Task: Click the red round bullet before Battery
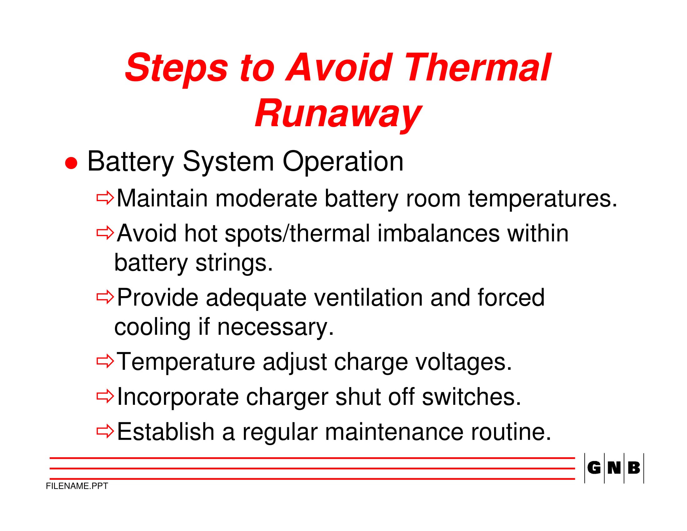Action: (x=71, y=163)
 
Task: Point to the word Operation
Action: (x=343, y=162)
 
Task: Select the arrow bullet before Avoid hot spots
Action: (x=105, y=233)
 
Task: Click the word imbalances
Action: (x=438, y=233)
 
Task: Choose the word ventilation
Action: (x=368, y=297)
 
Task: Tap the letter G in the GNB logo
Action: (x=594, y=468)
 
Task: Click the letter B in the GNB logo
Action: (x=634, y=468)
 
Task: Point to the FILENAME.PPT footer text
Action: (x=77, y=486)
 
